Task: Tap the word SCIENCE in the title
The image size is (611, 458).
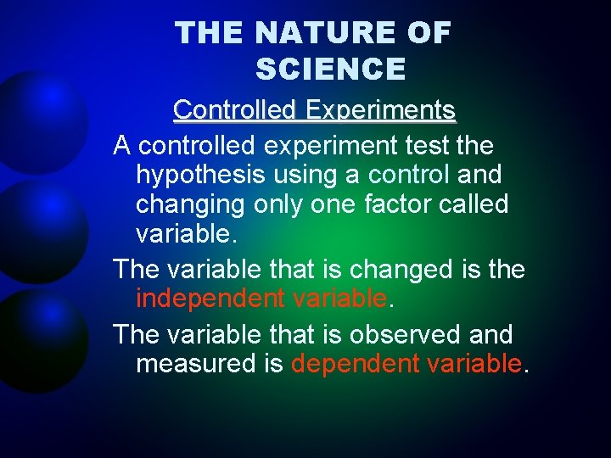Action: point(330,69)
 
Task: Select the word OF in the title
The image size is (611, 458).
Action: point(429,33)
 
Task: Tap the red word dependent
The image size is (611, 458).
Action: point(355,363)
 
